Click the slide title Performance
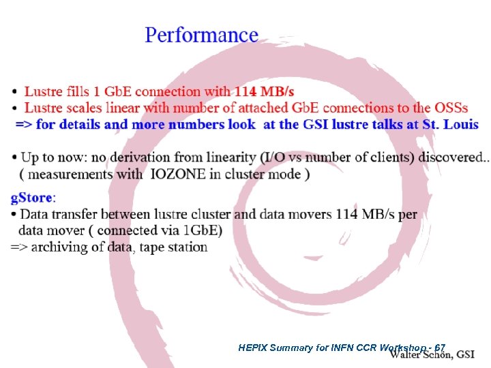coord(201,35)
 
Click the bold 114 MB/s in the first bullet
coord(265,91)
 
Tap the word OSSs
coord(451,108)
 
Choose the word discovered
coord(451,157)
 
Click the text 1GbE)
coord(202,230)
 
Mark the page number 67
coord(440,348)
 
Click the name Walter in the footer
coord(408,354)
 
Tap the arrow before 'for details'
coord(24,125)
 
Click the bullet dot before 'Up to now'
coord(14,158)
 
